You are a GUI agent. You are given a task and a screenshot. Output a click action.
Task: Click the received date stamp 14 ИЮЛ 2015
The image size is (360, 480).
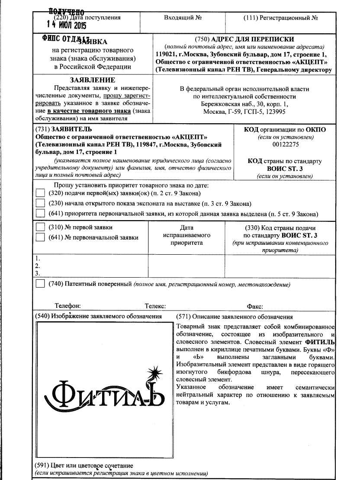(x=67, y=26)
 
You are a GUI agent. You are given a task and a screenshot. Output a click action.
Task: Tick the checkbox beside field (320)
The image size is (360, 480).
(x=40, y=193)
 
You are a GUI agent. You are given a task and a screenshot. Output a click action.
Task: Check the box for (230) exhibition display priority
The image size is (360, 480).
(x=40, y=203)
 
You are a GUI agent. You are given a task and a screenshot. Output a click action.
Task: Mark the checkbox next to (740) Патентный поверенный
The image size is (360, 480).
(x=40, y=284)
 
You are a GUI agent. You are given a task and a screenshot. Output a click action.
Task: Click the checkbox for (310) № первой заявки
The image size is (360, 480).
(x=40, y=227)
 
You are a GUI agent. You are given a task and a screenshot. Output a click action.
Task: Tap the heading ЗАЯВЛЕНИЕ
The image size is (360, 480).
(x=92, y=80)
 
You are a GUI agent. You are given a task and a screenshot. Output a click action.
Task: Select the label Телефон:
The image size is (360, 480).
(x=67, y=306)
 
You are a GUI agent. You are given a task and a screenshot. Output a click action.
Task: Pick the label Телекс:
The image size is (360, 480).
(x=155, y=306)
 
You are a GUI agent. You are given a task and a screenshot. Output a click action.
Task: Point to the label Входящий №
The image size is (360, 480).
(x=183, y=18)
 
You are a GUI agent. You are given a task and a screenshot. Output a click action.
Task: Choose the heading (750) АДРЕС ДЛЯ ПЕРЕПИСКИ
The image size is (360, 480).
(x=244, y=39)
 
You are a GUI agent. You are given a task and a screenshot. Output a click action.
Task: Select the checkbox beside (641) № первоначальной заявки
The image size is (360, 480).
(x=40, y=237)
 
